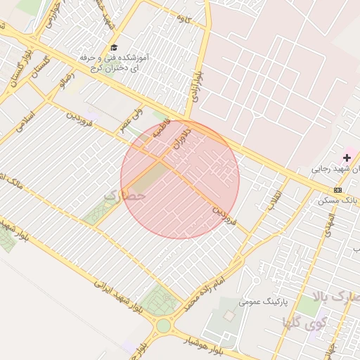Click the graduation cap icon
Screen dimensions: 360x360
click(x=114, y=47)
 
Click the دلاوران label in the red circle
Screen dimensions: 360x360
click(x=181, y=137)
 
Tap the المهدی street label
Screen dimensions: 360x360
click(x=327, y=221)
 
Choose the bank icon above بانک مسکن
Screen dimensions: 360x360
click(x=338, y=190)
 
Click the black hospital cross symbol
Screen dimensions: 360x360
click(x=347, y=157)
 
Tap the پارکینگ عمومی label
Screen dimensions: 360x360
click(x=264, y=301)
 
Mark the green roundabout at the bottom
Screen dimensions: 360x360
click(x=163, y=326)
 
